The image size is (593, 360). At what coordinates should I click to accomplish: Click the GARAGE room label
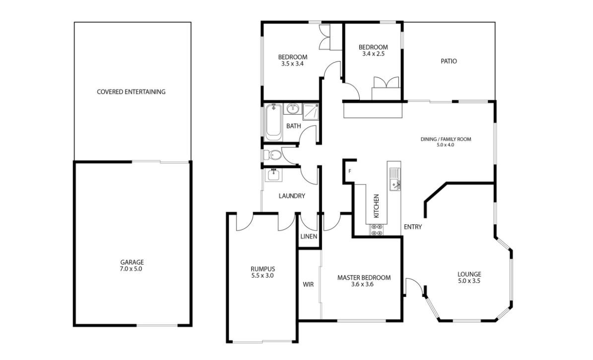(x=132, y=262)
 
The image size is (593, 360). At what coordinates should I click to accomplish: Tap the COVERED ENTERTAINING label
(x=131, y=91)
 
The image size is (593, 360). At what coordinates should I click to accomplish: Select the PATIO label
(x=449, y=61)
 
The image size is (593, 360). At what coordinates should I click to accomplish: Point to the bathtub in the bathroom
(x=273, y=122)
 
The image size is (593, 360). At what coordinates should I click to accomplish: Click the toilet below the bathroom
(x=272, y=155)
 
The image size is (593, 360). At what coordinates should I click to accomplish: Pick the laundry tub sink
(x=273, y=175)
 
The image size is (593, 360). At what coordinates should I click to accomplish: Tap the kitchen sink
(x=395, y=179)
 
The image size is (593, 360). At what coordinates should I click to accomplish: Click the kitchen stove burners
(x=377, y=230)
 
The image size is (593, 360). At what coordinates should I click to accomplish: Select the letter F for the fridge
(x=350, y=171)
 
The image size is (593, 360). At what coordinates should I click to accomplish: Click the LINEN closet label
(x=309, y=236)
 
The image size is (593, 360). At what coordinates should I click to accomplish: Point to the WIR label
(x=308, y=285)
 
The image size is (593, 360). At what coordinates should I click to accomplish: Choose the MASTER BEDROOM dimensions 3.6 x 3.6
(x=362, y=285)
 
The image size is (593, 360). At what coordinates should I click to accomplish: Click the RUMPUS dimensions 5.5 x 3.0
(x=263, y=276)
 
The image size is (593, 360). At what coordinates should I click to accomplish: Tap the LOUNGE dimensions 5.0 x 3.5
(x=469, y=281)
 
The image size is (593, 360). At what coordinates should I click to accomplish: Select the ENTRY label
(x=413, y=227)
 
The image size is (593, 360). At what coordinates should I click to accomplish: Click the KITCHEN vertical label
(x=376, y=206)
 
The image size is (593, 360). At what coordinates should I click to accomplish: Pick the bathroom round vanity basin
(x=292, y=109)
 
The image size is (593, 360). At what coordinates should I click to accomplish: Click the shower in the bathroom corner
(x=311, y=111)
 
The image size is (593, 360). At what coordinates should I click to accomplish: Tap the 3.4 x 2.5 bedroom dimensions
(x=373, y=54)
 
